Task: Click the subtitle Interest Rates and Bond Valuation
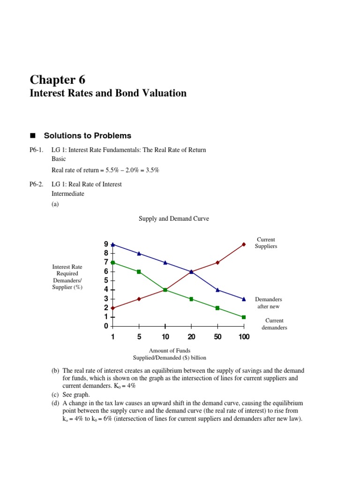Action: pos(108,93)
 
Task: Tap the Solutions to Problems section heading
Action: pos(87,136)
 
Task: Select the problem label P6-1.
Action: pos(37,150)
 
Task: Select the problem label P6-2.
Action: pos(37,184)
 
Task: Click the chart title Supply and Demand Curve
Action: pos(174,218)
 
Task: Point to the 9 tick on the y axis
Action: pos(106,244)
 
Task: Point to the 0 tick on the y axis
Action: pos(106,326)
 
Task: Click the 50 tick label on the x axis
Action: pos(217,337)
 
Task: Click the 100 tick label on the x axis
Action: pos(244,337)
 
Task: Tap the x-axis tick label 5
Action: pos(139,337)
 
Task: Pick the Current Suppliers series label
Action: pos(266,243)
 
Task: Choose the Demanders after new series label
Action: pos(269,303)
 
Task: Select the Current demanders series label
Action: pos(274,324)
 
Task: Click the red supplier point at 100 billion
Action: pos(244,244)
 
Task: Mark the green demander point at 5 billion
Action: pos(139,272)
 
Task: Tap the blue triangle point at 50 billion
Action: pos(217,290)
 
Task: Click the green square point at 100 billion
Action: pos(244,317)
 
